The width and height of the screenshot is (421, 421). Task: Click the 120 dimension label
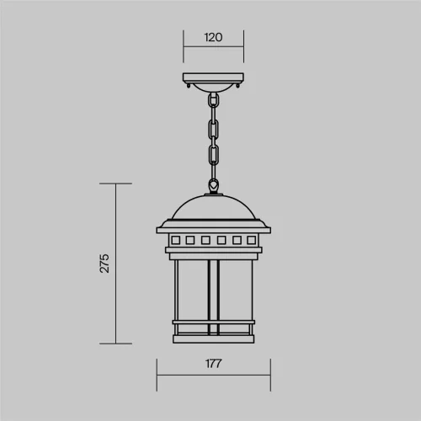[213, 37]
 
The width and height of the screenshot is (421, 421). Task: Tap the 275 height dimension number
[104, 264]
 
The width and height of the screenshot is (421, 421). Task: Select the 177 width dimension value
[213, 364]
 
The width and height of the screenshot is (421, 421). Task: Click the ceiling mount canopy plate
[213, 77]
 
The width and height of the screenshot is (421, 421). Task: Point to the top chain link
[214, 100]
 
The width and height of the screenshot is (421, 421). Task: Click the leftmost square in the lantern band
[176, 240]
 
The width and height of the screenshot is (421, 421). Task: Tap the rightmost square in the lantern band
[251, 240]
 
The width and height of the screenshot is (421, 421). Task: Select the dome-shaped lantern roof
[214, 207]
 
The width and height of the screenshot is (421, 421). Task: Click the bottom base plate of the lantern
[214, 339]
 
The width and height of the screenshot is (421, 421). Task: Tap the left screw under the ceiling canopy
[189, 86]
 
